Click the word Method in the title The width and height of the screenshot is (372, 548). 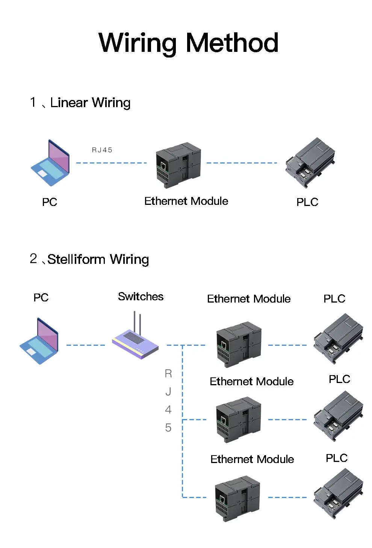(x=232, y=43)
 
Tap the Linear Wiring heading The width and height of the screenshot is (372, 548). (x=90, y=103)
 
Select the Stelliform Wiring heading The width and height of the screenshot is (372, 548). (x=98, y=259)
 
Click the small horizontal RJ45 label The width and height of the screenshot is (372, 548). (x=102, y=150)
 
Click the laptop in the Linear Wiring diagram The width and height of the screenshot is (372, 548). (x=50, y=163)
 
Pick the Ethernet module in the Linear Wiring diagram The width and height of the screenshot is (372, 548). (x=178, y=165)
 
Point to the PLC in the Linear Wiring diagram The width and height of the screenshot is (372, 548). (x=310, y=162)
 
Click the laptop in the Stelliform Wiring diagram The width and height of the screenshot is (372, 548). (x=39, y=341)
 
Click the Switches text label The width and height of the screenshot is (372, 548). (x=141, y=297)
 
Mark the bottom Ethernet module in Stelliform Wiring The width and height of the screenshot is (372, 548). (x=237, y=498)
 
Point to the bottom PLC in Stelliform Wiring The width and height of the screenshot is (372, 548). (x=339, y=494)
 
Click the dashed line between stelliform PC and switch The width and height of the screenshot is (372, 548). (x=86, y=345)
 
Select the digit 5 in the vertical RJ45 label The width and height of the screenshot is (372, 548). (x=168, y=428)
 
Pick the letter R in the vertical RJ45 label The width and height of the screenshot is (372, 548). (x=168, y=374)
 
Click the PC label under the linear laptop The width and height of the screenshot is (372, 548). (x=49, y=202)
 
